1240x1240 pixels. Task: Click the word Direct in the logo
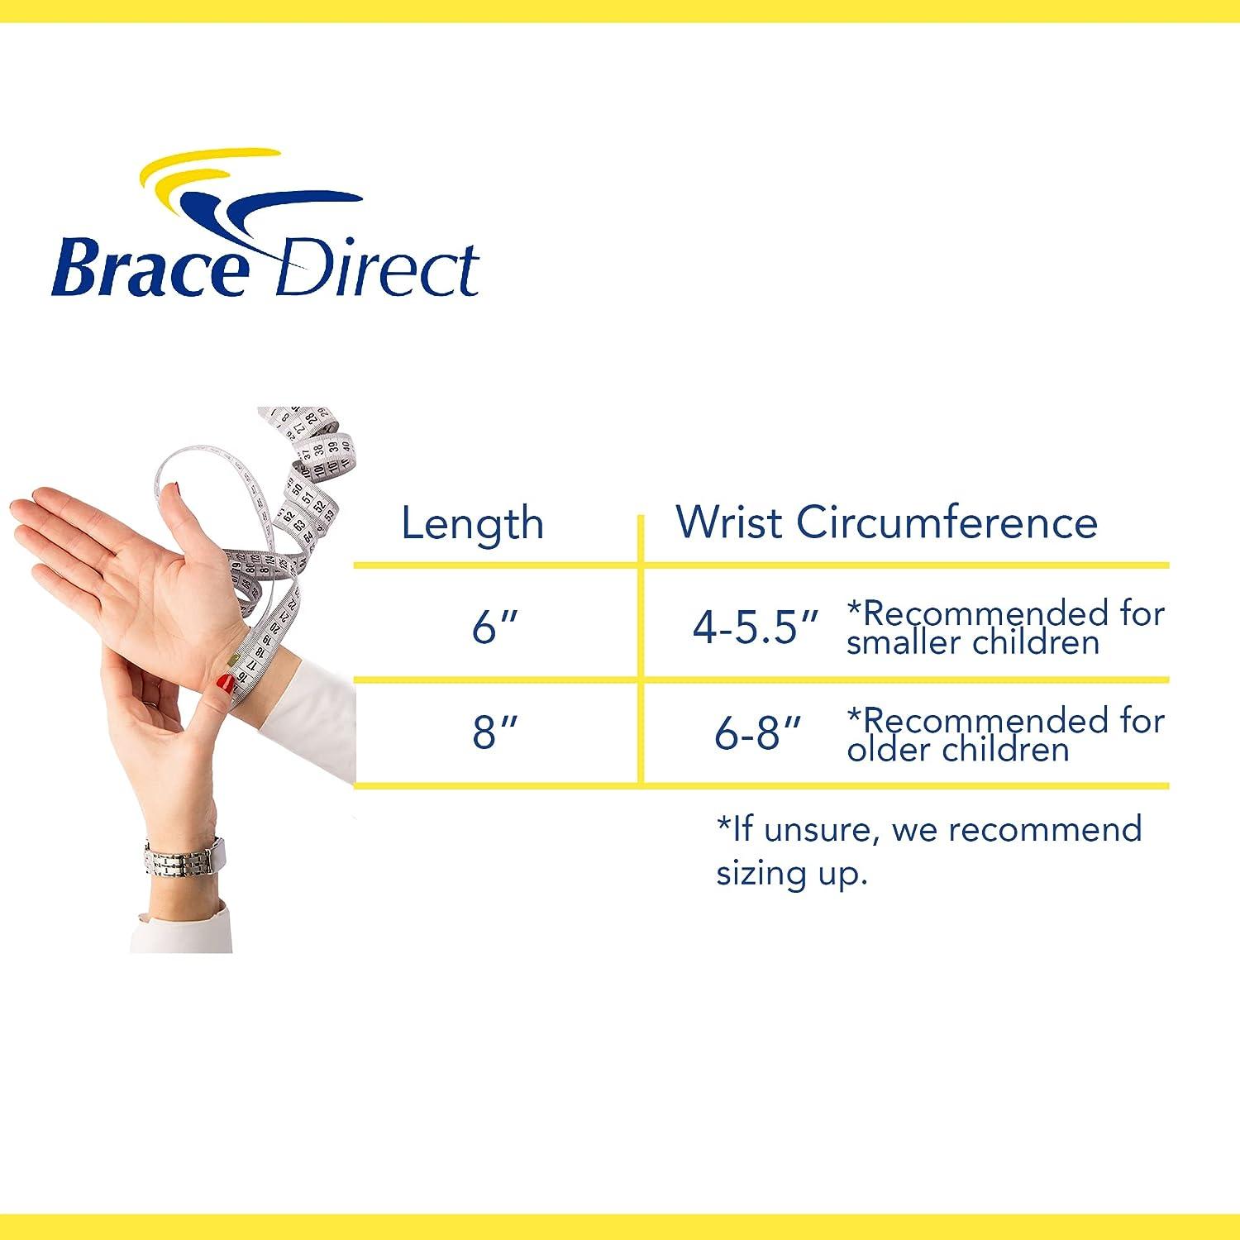376,269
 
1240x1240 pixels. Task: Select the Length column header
472,524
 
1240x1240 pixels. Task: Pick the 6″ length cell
495,627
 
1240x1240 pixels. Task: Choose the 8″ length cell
495,732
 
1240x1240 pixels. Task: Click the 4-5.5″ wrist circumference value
756,627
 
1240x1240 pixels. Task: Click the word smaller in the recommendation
901,643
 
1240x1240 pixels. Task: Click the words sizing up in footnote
791,873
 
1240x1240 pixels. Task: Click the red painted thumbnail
224,684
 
